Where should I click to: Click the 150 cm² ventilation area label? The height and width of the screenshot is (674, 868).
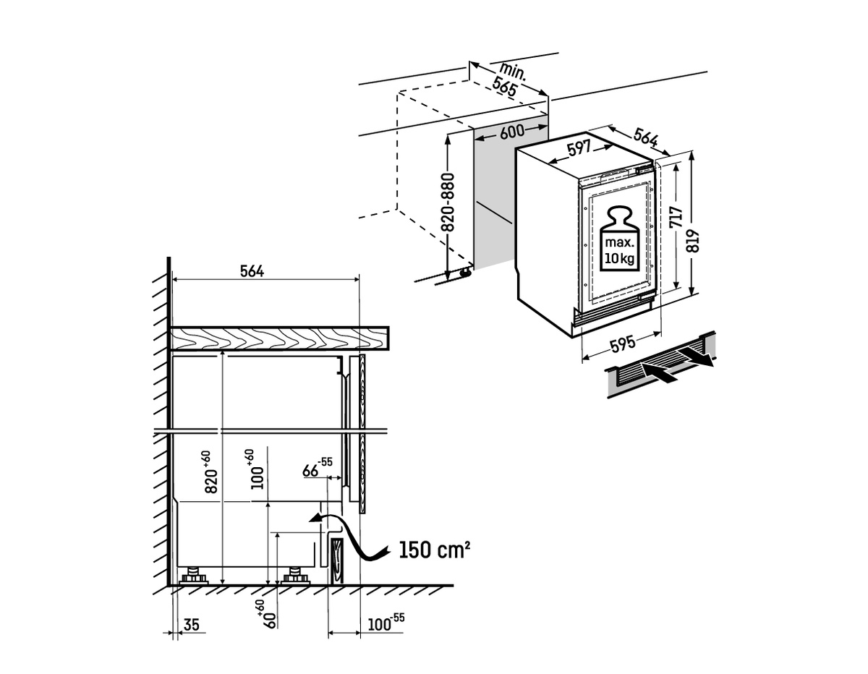434,551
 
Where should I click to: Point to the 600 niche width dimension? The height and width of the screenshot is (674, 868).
511,132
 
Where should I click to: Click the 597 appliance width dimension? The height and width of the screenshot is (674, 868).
579,149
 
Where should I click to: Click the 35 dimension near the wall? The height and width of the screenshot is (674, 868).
191,623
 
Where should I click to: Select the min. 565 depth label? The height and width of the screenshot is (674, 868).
508,77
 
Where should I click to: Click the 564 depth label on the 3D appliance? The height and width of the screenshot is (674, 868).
646,138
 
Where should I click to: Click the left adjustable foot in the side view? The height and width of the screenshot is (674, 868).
194,576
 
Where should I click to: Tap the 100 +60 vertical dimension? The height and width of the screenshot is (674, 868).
256,470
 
